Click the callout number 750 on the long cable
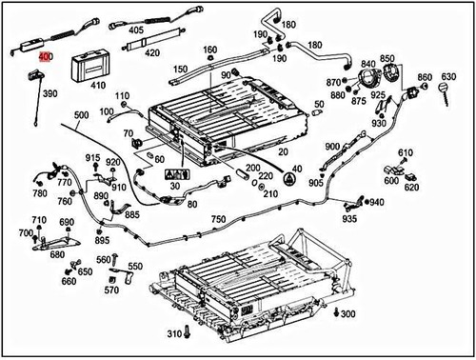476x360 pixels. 218,219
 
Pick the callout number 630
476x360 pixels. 447,75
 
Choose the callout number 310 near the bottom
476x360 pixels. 173,334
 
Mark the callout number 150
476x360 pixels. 179,70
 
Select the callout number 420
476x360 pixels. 151,54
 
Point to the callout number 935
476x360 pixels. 350,219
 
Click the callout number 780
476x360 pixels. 40,193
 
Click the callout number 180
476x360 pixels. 315,45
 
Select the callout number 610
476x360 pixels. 405,153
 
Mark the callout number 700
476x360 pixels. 25,232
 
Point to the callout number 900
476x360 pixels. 331,147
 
